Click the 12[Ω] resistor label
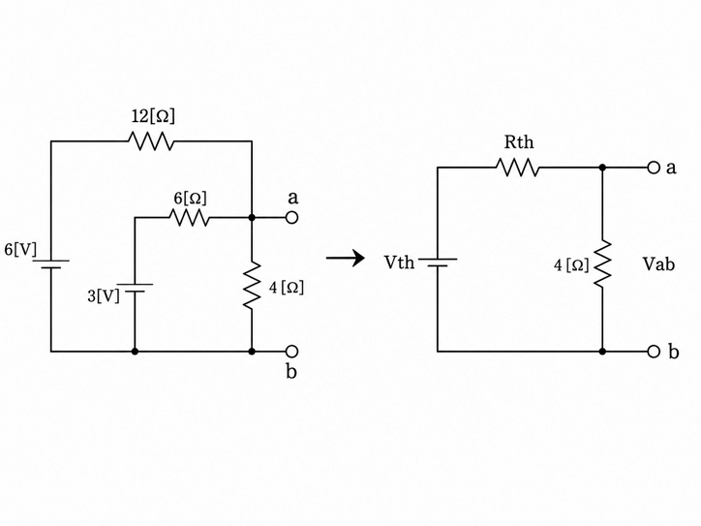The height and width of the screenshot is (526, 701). [x=153, y=116]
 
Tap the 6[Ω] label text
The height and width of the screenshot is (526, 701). [x=191, y=199]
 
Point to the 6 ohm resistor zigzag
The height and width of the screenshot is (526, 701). [x=190, y=218]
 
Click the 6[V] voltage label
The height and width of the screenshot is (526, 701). [x=20, y=249]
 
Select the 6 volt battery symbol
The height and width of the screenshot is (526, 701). [x=51, y=263]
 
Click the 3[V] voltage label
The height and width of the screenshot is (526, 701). [x=104, y=295]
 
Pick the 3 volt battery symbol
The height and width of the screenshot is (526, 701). [x=135, y=288]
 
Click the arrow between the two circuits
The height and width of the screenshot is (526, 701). [x=345, y=258]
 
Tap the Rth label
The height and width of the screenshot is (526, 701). [x=519, y=142]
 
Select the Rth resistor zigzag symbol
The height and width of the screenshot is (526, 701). [x=518, y=168]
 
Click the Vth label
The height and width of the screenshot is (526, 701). [x=399, y=263]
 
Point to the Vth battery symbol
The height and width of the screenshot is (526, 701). [x=438, y=263]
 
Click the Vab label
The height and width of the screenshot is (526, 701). [x=658, y=264]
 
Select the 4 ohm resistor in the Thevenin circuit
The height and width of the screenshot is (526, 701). [x=602, y=263]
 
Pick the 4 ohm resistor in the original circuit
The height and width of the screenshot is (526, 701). [x=252, y=286]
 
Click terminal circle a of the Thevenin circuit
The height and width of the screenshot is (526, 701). [x=654, y=168]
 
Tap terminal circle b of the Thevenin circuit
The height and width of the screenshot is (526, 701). [x=654, y=352]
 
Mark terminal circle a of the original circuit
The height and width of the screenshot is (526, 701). [x=291, y=218]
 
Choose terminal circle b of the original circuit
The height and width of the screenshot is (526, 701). [x=291, y=352]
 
